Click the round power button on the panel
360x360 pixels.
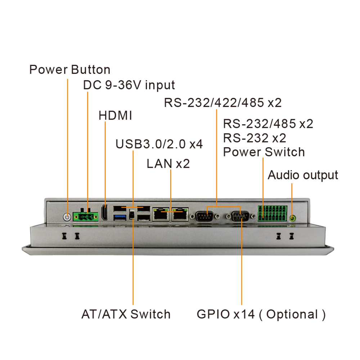click(67, 217)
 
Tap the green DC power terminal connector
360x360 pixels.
click(86, 216)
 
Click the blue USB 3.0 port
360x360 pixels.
click(120, 217)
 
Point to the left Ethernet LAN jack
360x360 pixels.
click(160, 214)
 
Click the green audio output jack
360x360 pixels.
click(292, 217)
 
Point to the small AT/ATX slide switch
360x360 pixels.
click(132, 215)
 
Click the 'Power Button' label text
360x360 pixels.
click(70, 69)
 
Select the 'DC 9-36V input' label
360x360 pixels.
click(129, 85)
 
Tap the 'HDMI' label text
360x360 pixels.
click(115, 116)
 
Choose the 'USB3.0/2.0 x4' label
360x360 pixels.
click(159, 144)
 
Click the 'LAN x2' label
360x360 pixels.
click(168, 164)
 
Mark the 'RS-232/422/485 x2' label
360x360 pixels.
click(222, 103)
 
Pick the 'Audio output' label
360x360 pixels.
click(303, 175)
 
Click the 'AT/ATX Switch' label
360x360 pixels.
click(126, 314)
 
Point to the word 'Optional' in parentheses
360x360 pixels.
click(292, 314)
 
